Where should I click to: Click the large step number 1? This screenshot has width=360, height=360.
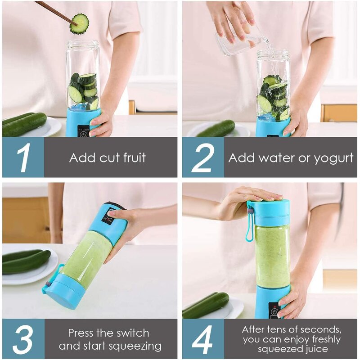[23, 157]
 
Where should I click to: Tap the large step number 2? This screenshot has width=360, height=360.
[203, 157]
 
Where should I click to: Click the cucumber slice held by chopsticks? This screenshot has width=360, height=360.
[80, 24]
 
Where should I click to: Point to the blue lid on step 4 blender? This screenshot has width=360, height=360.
[269, 212]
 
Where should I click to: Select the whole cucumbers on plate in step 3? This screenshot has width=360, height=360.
[26, 261]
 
